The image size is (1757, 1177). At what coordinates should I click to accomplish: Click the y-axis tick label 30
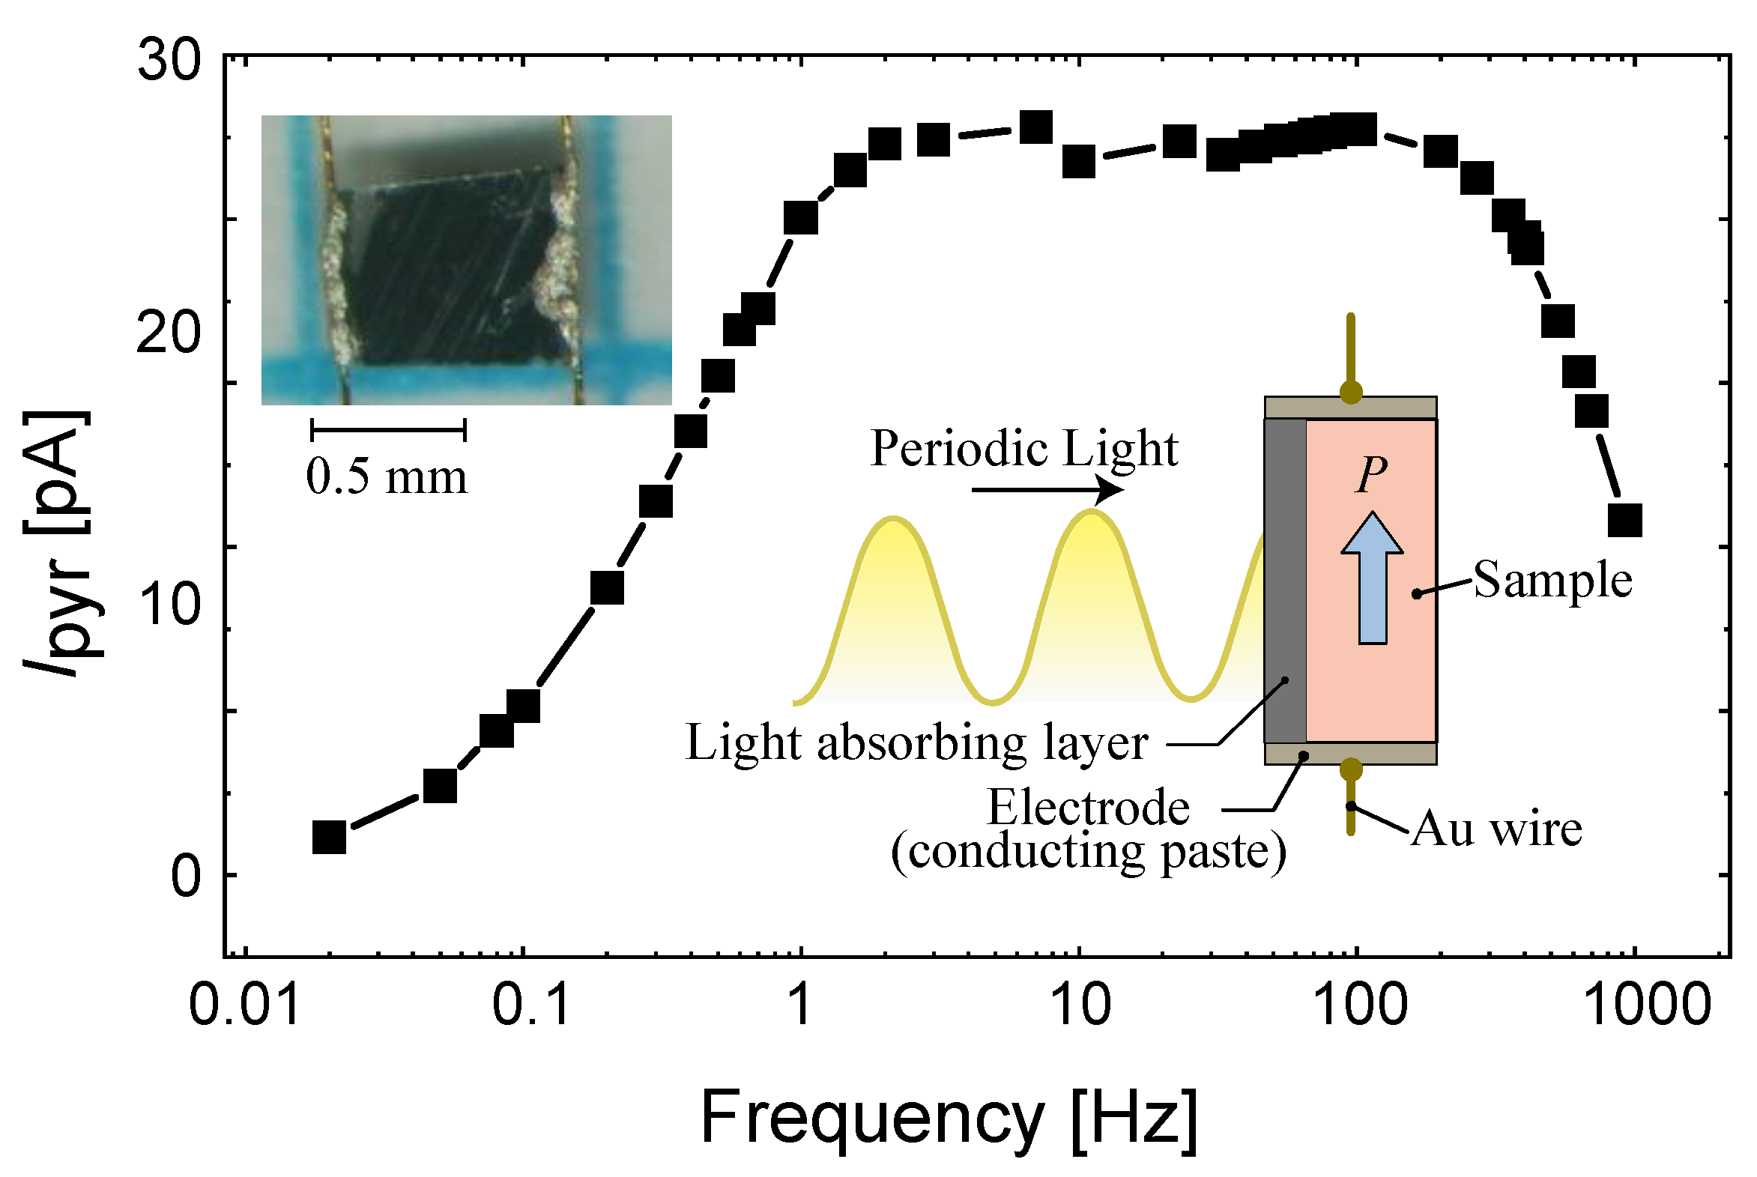[x=169, y=60]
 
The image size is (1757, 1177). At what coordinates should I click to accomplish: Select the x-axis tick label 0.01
[x=245, y=1006]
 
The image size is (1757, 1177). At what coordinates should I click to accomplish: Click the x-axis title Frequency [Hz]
[x=949, y=1119]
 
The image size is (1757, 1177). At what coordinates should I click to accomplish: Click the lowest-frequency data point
[x=329, y=837]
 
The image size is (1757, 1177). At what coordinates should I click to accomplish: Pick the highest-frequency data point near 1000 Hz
[x=1625, y=520]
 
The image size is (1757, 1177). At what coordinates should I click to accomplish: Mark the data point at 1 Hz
[x=801, y=218]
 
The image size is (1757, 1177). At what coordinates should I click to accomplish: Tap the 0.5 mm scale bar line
[x=389, y=430]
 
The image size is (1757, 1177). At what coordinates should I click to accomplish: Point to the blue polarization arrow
[x=1372, y=578]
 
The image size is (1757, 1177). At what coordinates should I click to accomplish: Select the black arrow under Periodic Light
[x=1047, y=490]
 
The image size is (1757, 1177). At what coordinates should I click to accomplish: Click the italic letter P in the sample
[x=1371, y=474]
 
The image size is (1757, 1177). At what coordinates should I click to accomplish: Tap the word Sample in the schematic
[x=1552, y=581]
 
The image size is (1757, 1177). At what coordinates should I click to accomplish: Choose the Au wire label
[x=1496, y=829]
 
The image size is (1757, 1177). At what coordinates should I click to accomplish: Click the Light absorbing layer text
[x=916, y=743]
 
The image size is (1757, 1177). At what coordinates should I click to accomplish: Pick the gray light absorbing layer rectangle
[x=1285, y=581]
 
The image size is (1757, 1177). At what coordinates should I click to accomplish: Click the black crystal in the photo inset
[x=450, y=270]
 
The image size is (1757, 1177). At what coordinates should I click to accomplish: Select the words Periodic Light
[x=1023, y=449]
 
